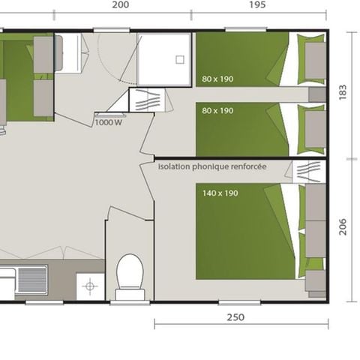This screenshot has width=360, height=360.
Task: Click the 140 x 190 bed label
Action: [220, 193]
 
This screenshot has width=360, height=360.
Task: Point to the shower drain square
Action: [180, 59]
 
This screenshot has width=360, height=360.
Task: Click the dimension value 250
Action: [235, 317]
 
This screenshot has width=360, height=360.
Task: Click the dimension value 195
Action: [256, 4]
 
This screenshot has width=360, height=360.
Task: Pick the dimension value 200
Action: [119, 4]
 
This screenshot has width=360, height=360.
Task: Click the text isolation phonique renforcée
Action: [212, 167]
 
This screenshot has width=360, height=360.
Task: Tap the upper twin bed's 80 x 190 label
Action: [217, 78]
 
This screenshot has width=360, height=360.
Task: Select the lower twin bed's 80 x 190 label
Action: [217, 110]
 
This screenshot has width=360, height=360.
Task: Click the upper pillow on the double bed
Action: [316, 202]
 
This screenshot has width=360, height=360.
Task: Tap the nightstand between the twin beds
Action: [317, 94]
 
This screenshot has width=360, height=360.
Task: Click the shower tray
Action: [164, 59]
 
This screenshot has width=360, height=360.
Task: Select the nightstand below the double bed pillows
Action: [316, 280]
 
